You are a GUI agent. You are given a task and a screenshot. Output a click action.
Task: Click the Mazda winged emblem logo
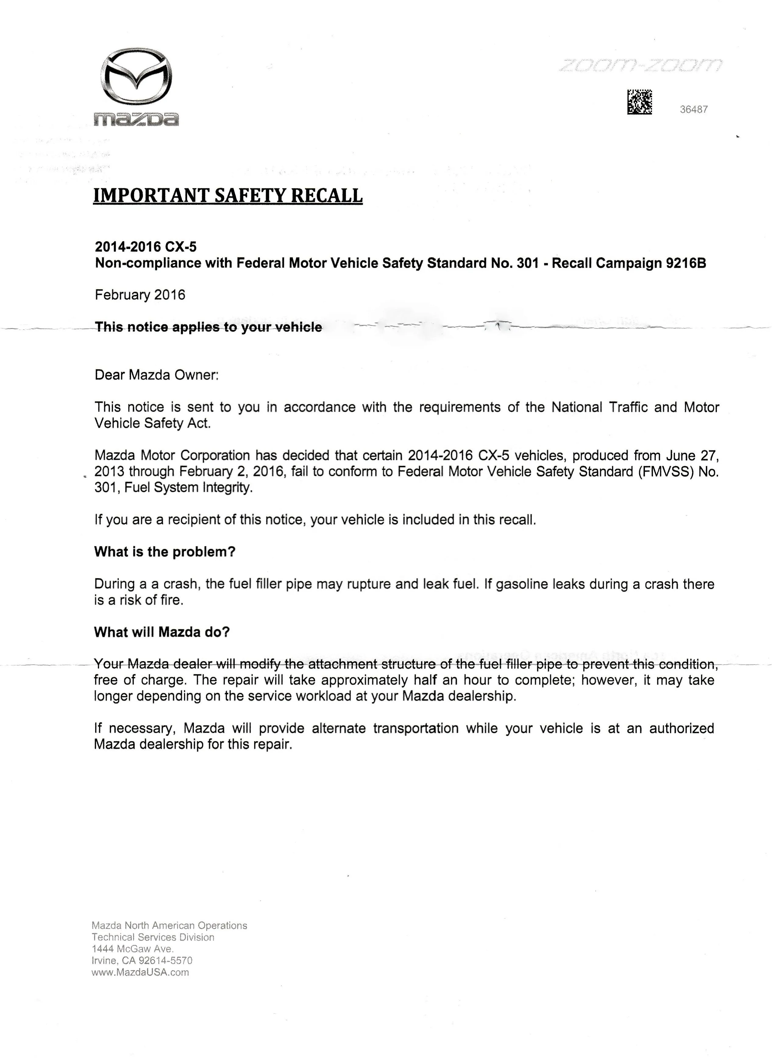[x=136, y=76]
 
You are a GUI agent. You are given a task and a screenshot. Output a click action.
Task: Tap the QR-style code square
[x=639, y=102]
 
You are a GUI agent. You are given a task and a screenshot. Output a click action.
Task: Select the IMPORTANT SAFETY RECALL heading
[x=228, y=195]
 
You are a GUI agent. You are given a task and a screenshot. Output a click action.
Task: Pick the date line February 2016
[x=140, y=295]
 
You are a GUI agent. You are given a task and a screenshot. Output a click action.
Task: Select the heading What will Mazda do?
[x=162, y=632]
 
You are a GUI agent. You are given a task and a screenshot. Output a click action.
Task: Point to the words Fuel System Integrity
[x=188, y=487]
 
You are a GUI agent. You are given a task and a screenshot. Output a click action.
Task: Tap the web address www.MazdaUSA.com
[x=140, y=973]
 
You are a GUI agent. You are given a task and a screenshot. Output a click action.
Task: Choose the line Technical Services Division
[x=153, y=937]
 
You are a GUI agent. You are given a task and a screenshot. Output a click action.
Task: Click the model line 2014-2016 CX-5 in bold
[x=145, y=247]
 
